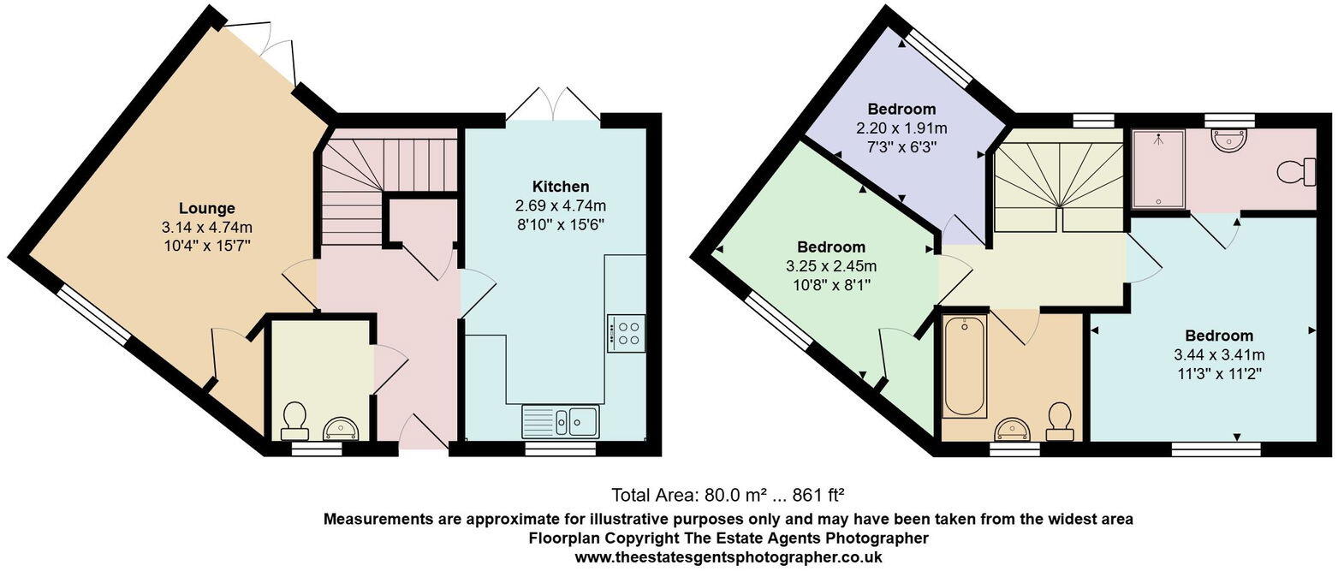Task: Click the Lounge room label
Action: click(207, 208)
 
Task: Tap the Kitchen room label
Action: click(561, 187)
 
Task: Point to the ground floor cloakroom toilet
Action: click(294, 418)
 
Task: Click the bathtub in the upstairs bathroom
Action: click(964, 366)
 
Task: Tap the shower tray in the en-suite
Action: click(1158, 170)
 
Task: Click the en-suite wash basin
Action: click(1229, 140)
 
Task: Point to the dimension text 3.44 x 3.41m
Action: click(1219, 354)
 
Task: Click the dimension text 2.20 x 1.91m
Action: click(901, 128)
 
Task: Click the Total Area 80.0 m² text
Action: click(728, 495)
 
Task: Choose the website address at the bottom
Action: click(728, 556)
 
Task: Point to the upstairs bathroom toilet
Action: click(1060, 420)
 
